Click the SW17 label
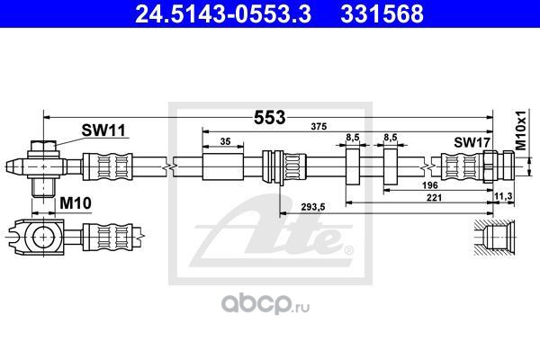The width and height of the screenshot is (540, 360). click(x=470, y=142)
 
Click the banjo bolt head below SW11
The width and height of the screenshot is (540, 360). click(x=44, y=147)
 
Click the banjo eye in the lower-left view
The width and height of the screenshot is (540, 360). click(x=41, y=238)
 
